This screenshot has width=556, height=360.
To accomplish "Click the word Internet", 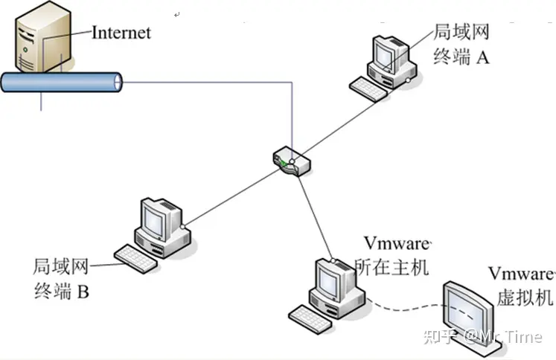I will pos(121,32).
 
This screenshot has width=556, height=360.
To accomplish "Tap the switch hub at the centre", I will pos(290,161).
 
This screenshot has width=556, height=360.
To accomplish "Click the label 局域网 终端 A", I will pos(462,44).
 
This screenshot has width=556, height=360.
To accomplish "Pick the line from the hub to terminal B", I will pos(231,194).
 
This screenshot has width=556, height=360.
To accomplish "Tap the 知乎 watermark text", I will pos(439,337).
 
